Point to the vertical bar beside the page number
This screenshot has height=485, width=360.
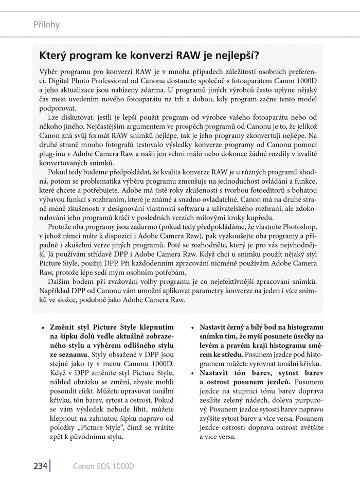click(x=50, y=466)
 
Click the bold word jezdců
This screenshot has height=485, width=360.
click(x=278, y=383)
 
